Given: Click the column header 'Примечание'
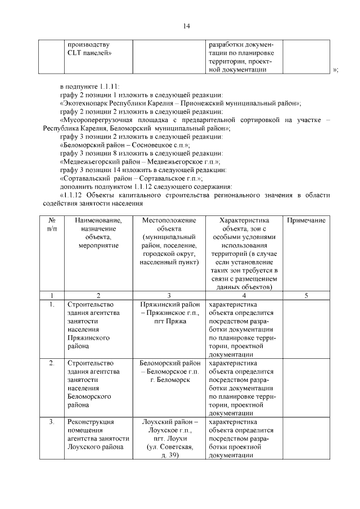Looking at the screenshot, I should pos(306,221).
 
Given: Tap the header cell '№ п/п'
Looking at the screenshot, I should pos(51,225).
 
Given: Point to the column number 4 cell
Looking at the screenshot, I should pos(244,295).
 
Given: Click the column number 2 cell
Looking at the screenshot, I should pos(98,295).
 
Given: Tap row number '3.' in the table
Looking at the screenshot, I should pos(51,421).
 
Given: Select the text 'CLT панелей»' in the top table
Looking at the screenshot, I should pos(89,53).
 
